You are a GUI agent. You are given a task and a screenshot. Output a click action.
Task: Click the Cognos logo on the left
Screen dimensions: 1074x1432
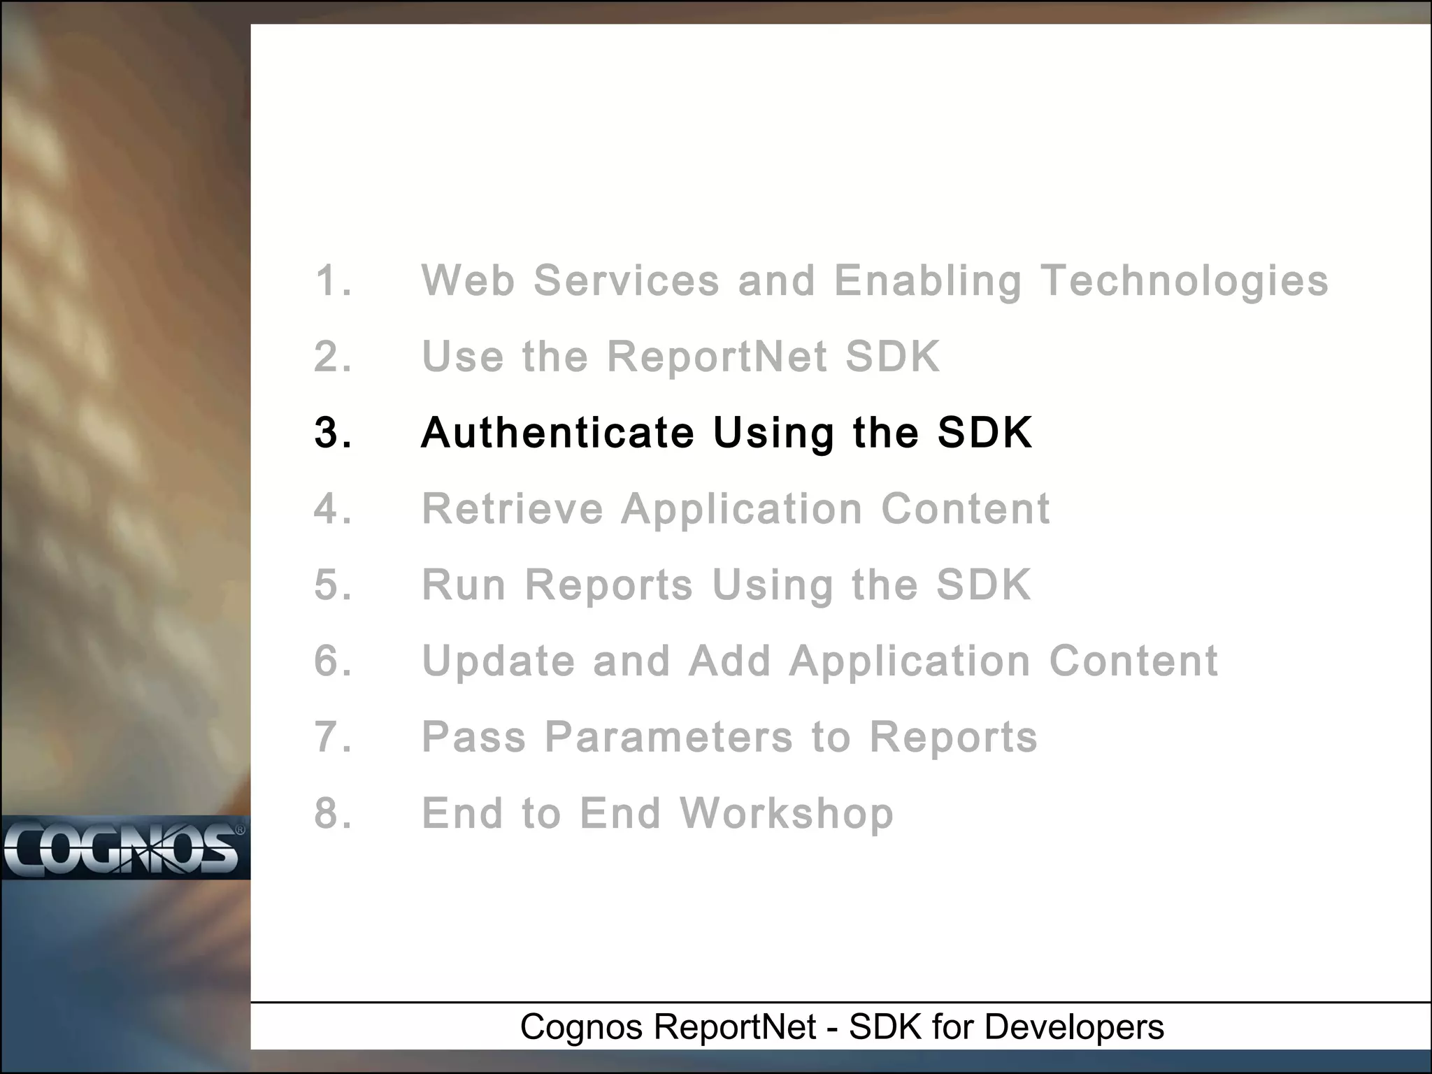[124, 849]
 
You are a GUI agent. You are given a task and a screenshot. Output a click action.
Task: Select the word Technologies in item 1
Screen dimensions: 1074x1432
[1184, 281]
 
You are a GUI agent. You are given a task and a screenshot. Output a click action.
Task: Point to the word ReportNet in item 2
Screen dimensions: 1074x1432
[717, 357]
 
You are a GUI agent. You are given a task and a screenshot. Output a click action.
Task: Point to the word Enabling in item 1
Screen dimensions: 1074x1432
[928, 281]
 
